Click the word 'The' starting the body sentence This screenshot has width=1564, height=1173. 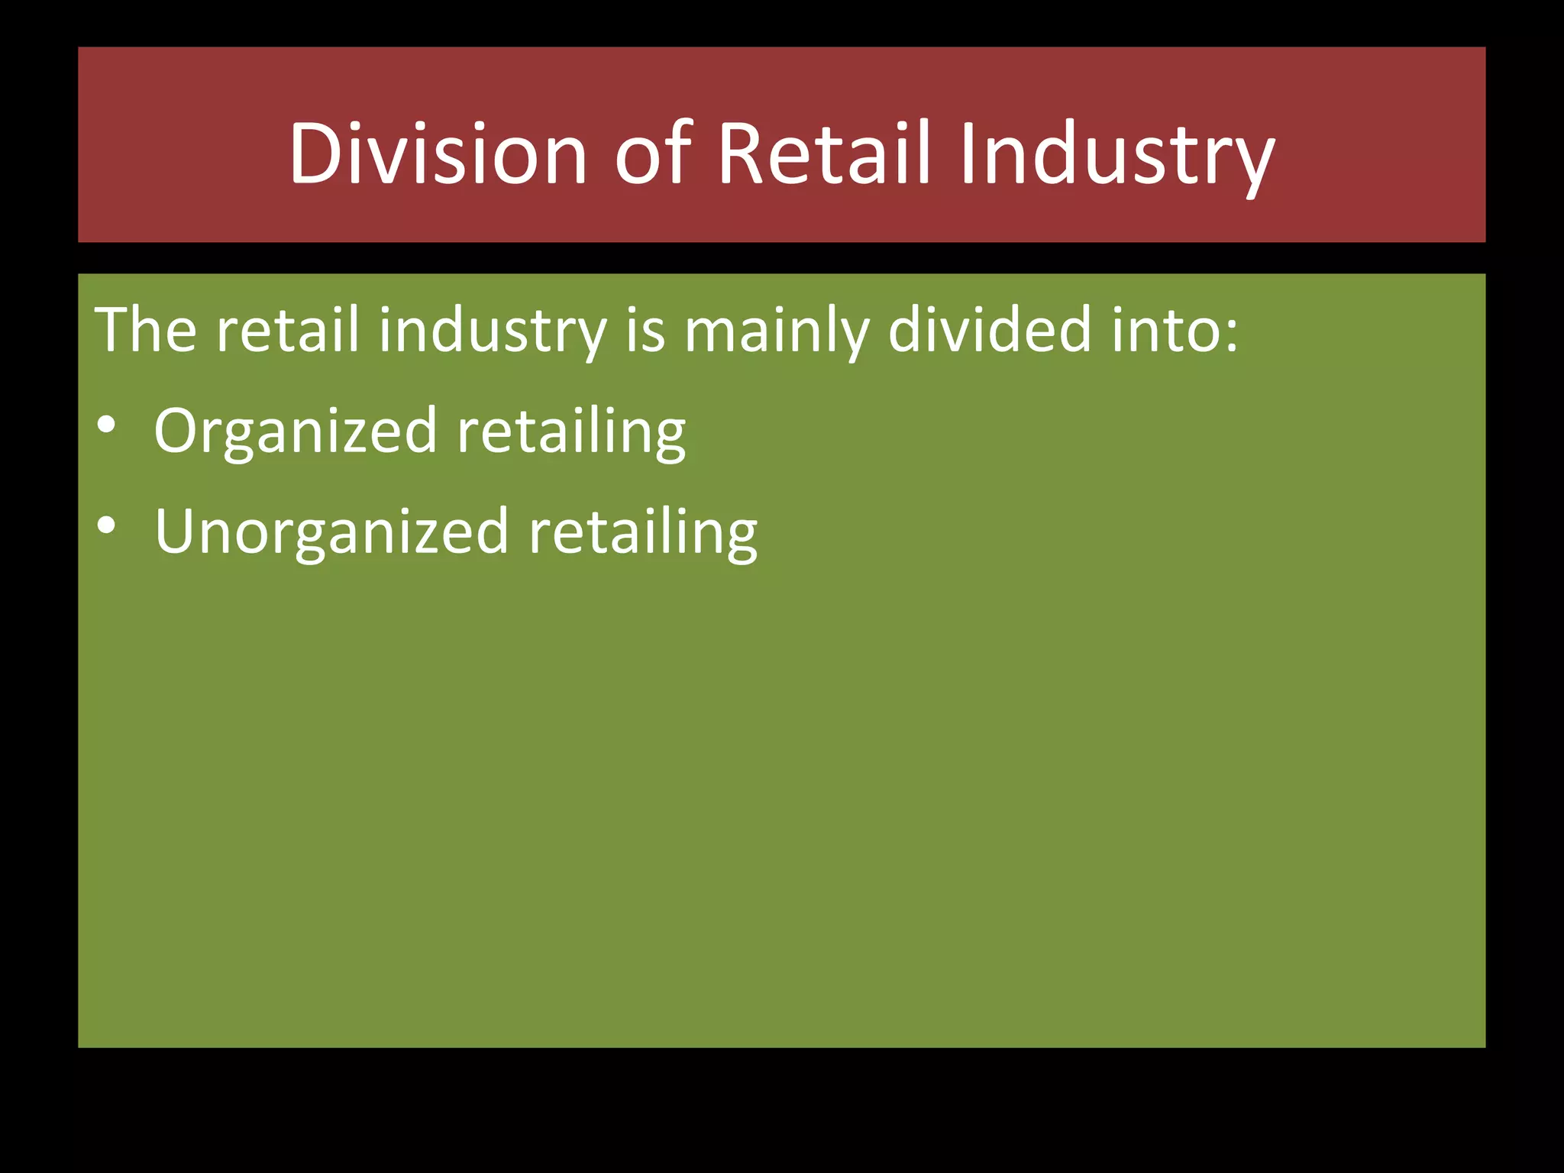pyautogui.click(x=145, y=330)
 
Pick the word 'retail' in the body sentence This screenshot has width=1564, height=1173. pyautogui.click(x=287, y=330)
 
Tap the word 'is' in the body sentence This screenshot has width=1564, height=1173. pyautogui.click(x=645, y=331)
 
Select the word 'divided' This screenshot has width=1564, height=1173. pyautogui.click(x=990, y=330)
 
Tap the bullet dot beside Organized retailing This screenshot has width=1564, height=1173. pyautogui.click(x=107, y=425)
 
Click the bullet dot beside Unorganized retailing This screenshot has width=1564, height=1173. pyautogui.click(x=107, y=525)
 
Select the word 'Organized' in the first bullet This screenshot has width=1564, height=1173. pyautogui.click(x=296, y=432)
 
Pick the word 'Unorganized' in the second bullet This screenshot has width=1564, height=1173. pyautogui.click(x=331, y=532)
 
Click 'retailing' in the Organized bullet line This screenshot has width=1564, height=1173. pyautogui.click(x=571, y=432)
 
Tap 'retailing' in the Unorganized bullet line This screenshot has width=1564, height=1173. pyautogui.click(x=643, y=532)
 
